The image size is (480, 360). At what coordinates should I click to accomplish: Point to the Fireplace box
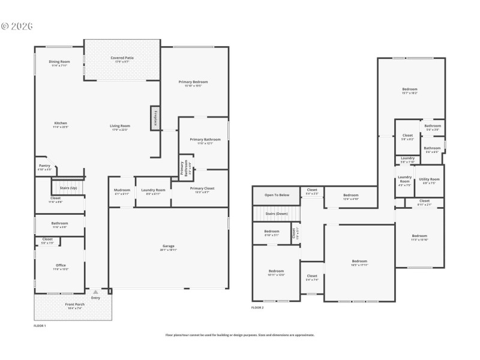155,118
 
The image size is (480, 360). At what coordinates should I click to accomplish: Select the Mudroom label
122,191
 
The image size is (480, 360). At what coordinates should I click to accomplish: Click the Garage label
169,247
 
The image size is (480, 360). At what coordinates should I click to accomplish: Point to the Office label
61,267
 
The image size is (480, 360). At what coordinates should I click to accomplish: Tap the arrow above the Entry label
95,292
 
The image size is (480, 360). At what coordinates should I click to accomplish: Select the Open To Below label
277,195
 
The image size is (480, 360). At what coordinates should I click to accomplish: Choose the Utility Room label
429,181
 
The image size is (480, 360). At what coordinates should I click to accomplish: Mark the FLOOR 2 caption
257,307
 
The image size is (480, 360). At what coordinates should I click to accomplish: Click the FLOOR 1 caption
40,325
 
